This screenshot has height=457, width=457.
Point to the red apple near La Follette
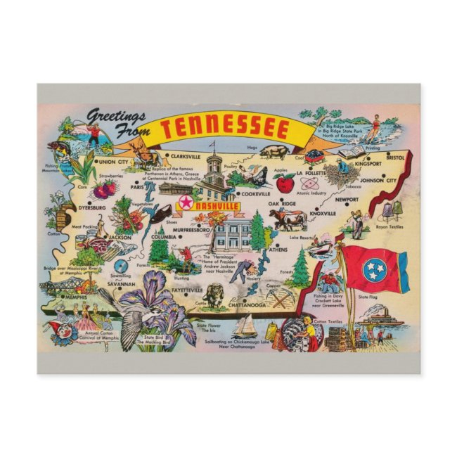point(285,184)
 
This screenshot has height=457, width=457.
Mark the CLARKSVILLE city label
point(185,156)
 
